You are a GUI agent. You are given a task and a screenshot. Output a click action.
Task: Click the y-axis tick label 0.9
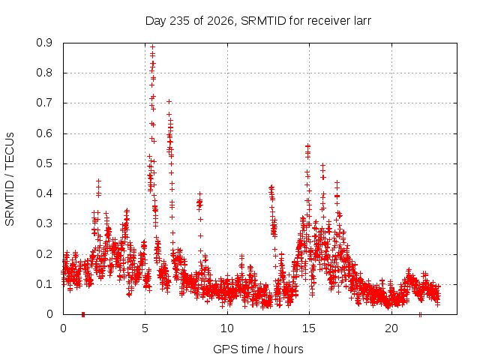pyautogui.click(x=44, y=43)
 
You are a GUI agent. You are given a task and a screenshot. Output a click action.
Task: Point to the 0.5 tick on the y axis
pyautogui.click(x=44, y=163)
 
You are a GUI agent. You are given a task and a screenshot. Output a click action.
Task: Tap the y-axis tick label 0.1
pyautogui.click(x=44, y=284)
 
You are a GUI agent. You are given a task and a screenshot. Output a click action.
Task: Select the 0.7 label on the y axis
pyautogui.click(x=44, y=103)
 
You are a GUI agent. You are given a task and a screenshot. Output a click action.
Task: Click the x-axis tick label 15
pyautogui.click(x=309, y=328)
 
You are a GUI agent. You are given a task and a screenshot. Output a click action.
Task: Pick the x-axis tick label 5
pyautogui.click(x=145, y=328)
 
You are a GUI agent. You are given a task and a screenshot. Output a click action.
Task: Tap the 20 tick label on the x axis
pyautogui.click(x=391, y=328)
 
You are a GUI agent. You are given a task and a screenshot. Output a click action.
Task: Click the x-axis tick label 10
pyautogui.click(x=227, y=328)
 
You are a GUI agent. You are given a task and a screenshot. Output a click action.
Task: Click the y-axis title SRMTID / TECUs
pyautogui.click(x=10, y=179)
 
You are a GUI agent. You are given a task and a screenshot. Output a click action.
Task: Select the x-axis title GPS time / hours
pyautogui.click(x=258, y=349)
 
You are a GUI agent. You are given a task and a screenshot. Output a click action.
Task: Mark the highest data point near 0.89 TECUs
pyautogui.click(x=152, y=46)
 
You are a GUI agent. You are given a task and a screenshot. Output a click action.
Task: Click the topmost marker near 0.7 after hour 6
pyautogui.click(x=169, y=102)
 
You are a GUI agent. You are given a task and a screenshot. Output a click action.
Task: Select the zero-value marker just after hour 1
pyautogui.click(x=83, y=314)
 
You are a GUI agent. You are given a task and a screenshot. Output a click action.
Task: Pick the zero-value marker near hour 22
pyautogui.click(x=420, y=314)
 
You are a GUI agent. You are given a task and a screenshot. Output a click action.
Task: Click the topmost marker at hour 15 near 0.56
pyautogui.click(x=307, y=146)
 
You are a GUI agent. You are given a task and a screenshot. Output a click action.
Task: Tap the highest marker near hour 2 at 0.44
pyautogui.click(x=98, y=181)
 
